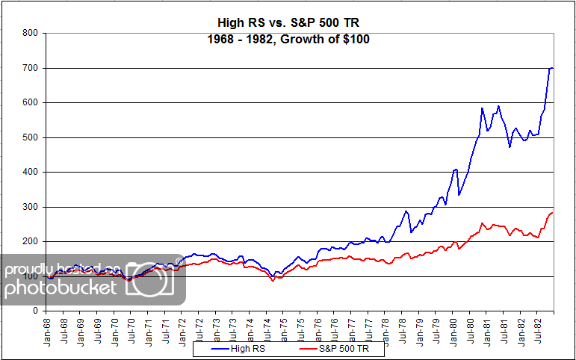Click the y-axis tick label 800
[29, 33]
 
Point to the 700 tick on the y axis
[29, 68]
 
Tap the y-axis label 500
[29, 137]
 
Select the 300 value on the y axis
[29, 207]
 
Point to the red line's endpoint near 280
[552, 213]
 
